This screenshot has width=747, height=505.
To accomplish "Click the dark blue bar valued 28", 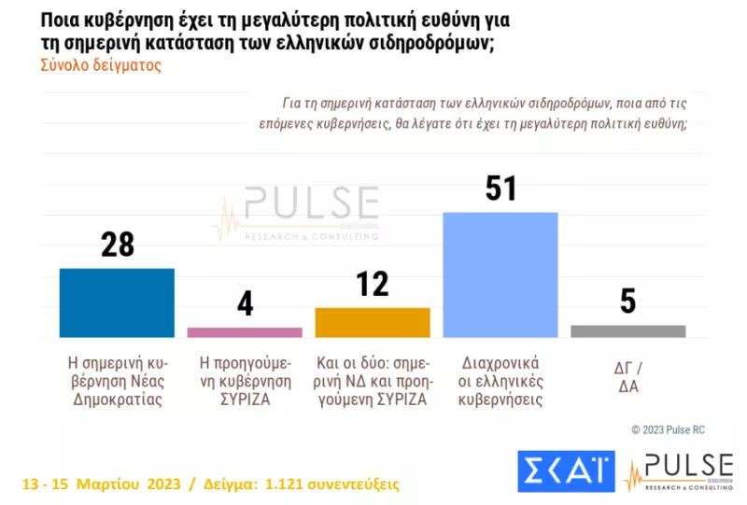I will point(117,302).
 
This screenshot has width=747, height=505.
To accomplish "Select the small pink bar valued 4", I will point(245,331).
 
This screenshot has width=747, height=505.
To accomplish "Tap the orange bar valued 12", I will point(373,322).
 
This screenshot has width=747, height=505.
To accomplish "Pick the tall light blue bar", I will point(500,274).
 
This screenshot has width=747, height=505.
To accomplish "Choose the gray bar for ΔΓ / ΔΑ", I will point(627,330).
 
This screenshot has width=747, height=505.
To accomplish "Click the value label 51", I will point(500,189).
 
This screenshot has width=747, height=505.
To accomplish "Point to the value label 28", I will point(118,245).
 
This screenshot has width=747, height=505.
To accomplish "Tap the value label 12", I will point(373,284).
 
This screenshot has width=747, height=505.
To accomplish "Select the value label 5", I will point(627,302).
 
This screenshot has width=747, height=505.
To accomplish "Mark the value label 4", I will point(245,304).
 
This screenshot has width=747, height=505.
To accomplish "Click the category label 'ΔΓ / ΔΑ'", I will point(627,372).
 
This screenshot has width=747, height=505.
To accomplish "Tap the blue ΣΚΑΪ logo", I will point(566,471).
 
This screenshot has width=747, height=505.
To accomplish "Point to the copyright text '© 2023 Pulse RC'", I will point(669,429).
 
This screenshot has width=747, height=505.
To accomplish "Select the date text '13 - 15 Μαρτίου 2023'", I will point(102,484).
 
